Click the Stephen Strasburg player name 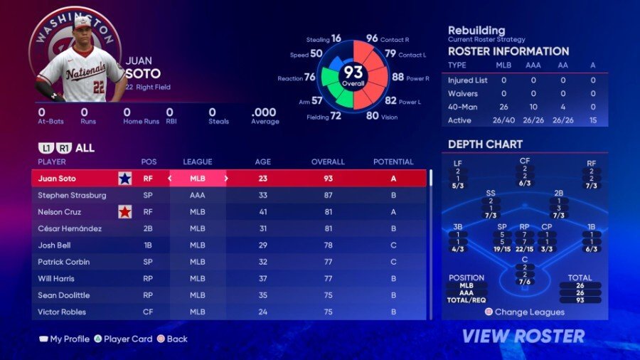pos(72,195)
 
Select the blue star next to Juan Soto pos(125,179)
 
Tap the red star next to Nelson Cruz pos(125,211)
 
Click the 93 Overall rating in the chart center pos(353,74)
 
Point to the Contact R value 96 pos(372,38)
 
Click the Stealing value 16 pos(336,38)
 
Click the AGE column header pos(262,162)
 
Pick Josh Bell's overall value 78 pos(328,245)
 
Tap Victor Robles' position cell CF pos(149,312)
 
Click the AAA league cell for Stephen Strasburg pos(198,195)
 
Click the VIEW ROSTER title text pos(523,336)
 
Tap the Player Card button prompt pos(128,339)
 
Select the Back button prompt pos(176,339)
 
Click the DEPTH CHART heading pos(485,144)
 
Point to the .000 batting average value pos(264,112)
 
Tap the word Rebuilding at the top pos(476,31)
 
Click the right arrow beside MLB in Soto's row pos(226,179)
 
